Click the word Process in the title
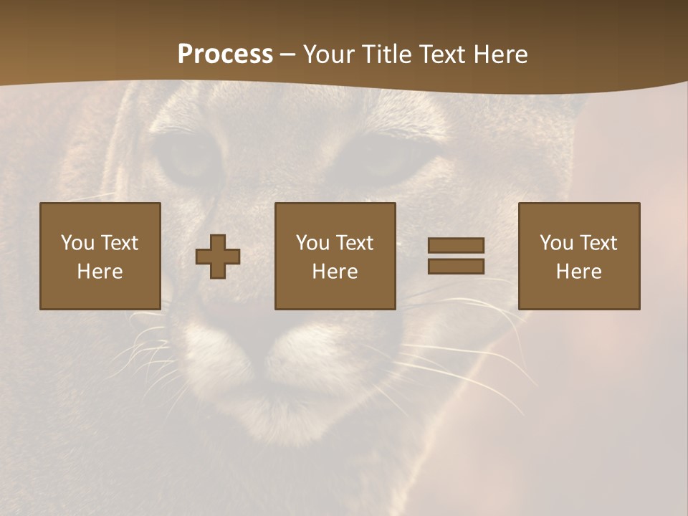225,54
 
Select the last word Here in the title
500,54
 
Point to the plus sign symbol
218,257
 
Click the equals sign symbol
456,256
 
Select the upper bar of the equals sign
456,246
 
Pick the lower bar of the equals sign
456,266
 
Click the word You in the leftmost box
77,243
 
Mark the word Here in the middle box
335,272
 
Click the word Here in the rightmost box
578,272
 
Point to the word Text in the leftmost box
119,243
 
